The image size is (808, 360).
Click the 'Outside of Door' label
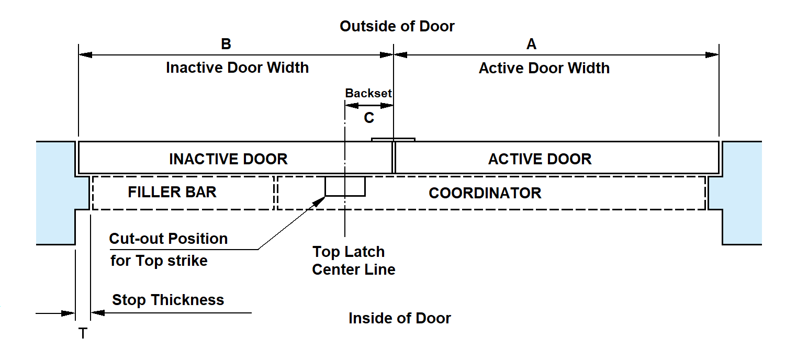tap(397, 26)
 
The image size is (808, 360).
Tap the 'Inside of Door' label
tap(399, 318)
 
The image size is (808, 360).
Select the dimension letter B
tap(226, 44)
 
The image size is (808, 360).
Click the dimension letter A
tap(531, 44)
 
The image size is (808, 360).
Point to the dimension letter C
tap(369, 118)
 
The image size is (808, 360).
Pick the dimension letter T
tap(83, 333)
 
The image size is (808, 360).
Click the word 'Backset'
tap(368, 93)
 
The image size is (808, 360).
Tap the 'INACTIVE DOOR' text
tap(228, 159)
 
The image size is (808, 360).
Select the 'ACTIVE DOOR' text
tap(540, 159)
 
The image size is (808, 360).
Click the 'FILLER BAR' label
tap(172, 192)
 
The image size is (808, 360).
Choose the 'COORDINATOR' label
tap(485, 193)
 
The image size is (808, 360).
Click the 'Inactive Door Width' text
tap(237, 67)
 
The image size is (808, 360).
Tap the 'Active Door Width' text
tap(544, 68)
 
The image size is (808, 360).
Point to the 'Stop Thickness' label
tap(168, 300)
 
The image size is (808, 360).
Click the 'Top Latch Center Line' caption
tap(353, 261)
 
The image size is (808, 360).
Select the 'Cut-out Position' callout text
tap(168, 239)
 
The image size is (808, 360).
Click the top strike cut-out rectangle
tap(345, 186)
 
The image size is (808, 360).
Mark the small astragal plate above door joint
tap(393, 140)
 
